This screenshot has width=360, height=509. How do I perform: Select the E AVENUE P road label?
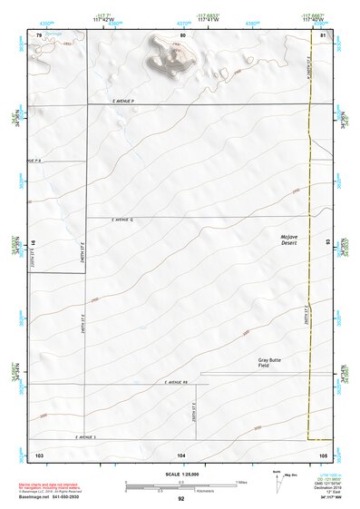[x=118, y=101]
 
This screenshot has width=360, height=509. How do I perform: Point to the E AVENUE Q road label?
[x=122, y=220]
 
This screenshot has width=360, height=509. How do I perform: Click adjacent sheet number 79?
[x=38, y=34]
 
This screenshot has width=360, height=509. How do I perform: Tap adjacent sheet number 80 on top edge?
[x=182, y=34]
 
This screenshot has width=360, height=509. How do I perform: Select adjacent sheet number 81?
[x=323, y=34]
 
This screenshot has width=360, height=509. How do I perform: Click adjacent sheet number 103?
[x=38, y=453]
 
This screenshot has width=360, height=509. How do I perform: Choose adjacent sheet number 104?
[x=181, y=453]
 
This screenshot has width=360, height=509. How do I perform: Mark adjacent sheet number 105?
[x=323, y=453]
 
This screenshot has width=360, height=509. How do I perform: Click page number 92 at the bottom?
[x=181, y=499]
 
